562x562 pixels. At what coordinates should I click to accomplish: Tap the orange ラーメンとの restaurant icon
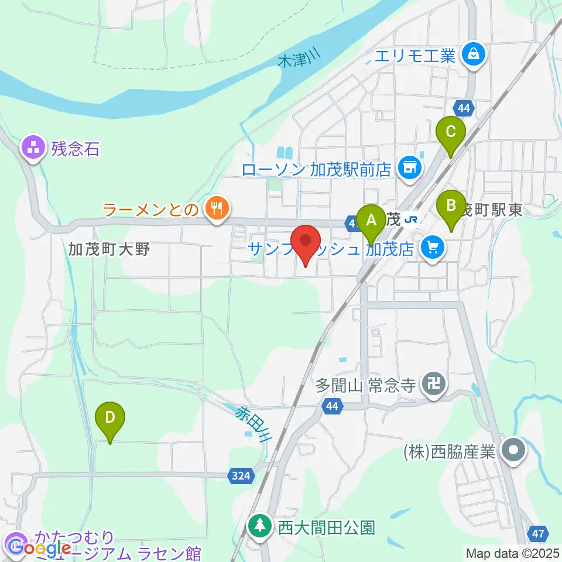(217, 207)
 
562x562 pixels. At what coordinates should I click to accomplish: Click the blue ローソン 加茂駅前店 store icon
(408, 168)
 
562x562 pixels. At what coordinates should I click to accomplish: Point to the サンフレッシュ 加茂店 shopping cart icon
(433, 248)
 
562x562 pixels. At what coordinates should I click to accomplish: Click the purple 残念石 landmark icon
(33, 148)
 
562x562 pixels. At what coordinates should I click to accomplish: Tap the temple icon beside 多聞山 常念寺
(434, 385)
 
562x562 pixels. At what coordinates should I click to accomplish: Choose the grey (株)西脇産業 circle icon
(515, 450)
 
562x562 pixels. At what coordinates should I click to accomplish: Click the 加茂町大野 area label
(109, 249)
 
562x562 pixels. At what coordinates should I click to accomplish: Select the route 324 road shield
(241, 476)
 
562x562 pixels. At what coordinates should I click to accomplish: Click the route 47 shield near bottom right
(539, 533)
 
